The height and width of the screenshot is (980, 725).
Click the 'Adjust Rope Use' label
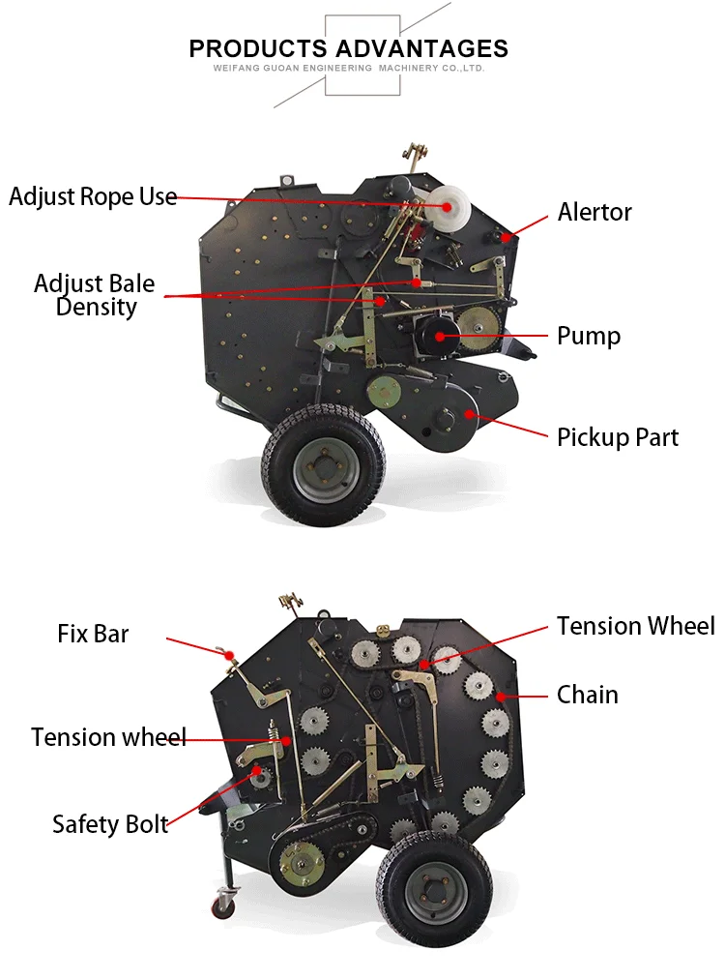tap(93, 196)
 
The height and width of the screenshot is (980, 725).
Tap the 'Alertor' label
tap(594, 212)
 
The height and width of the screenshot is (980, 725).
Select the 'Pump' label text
tap(588, 336)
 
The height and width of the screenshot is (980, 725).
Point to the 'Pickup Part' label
tap(618, 437)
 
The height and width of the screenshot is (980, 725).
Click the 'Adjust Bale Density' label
tap(95, 295)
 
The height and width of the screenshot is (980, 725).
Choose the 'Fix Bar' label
tap(93, 635)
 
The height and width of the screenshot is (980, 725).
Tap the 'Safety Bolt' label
tap(110, 824)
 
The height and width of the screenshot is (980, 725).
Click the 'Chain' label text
tap(587, 695)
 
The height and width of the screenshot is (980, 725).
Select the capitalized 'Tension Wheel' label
tap(635, 626)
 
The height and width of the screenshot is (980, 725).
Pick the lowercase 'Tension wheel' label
tap(108, 737)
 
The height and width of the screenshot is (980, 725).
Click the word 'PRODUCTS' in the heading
tap(258, 48)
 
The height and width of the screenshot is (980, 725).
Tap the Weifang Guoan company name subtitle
tap(348, 69)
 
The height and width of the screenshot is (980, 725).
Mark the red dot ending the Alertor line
tap(505, 235)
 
